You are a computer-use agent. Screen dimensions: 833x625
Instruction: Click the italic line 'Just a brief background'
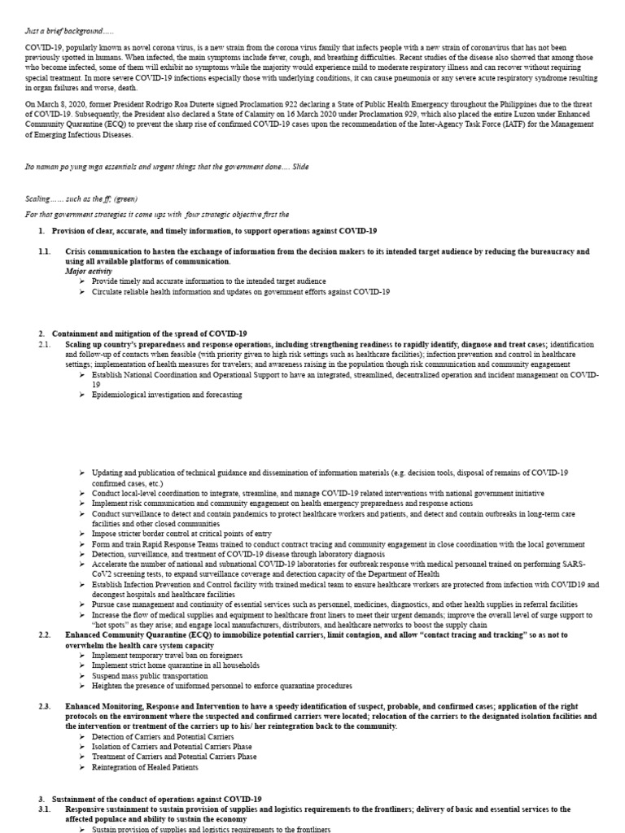[x=68, y=31]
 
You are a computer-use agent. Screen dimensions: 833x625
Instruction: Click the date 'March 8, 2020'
[x=65, y=105]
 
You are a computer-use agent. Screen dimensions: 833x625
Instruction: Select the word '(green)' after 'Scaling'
[x=128, y=198]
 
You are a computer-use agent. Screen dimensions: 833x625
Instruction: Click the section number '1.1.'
[x=44, y=252]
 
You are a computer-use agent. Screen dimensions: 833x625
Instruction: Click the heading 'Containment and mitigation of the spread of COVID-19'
[x=149, y=334]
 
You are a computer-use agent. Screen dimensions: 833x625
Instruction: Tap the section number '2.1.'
[x=44, y=345]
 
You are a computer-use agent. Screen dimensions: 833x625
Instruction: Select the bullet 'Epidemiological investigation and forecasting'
[x=167, y=395]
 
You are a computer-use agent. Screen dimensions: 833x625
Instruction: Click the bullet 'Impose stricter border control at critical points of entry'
[x=181, y=534]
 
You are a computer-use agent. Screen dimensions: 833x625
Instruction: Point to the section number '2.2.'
[x=44, y=634]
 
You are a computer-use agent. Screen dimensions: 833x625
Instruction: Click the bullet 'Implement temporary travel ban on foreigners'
[x=166, y=655]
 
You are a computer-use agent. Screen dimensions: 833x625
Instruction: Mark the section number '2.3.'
[x=44, y=706]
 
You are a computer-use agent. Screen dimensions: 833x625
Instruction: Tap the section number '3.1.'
[x=44, y=810]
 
